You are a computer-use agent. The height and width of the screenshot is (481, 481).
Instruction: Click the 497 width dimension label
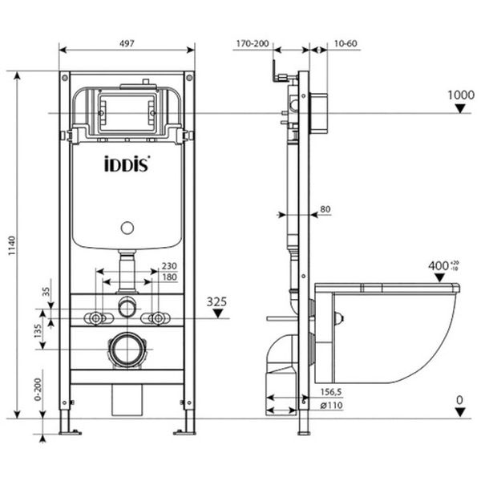[x=127, y=43]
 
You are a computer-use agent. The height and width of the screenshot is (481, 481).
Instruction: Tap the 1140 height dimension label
[x=11, y=245]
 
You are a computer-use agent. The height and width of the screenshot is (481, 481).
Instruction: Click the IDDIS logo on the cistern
[x=127, y=164]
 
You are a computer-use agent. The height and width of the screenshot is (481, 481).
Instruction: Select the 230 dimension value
[x=169, y=265]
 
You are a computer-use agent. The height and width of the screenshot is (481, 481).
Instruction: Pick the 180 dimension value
[x=169, y=277]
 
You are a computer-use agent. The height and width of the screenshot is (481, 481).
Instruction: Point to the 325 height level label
[x=216, y=302]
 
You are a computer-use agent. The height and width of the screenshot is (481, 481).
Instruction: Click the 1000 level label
[x=461, y=95]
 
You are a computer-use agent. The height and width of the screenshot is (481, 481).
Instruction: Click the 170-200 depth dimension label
[x=253, y=43]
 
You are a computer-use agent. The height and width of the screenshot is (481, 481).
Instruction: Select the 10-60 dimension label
[x=346, y=43]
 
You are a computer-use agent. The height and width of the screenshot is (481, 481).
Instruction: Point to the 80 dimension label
[x=325, y=209]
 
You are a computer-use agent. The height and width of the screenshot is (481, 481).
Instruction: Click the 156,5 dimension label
[x=331, y=392]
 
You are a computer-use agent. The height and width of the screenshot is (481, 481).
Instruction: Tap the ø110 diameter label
[x=331, y=405]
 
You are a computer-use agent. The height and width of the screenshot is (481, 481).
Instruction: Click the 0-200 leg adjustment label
[x=38, y=390]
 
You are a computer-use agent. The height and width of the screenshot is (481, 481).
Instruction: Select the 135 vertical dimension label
[x=38, y=330]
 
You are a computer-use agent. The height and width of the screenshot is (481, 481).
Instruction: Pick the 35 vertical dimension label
[x=46, y=291]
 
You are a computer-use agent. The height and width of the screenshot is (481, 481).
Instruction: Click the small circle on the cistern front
[x=127, y=228]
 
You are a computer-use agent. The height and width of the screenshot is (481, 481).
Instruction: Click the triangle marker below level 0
[x=460, y=412]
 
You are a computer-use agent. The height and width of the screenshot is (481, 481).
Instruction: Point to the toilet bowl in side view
[x=387, y=333]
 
